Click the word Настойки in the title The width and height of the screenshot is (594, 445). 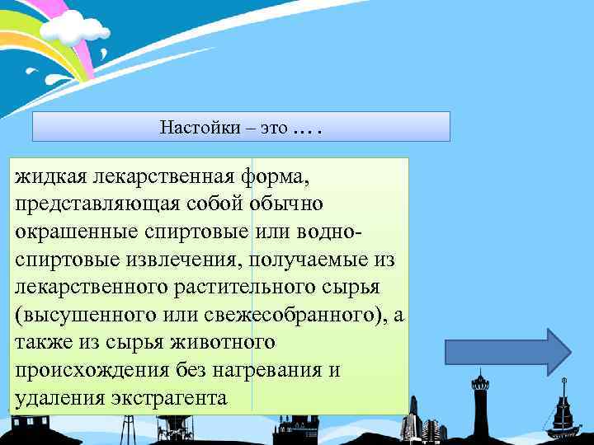[x=196, y=128]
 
